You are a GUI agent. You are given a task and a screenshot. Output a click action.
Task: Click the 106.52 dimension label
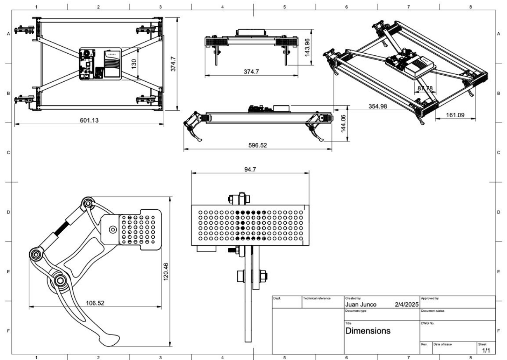(x=95, y=303)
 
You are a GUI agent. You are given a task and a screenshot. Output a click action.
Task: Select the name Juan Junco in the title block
(x=360, y=305)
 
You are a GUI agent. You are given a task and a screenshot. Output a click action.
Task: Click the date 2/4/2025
(x=406, y=305)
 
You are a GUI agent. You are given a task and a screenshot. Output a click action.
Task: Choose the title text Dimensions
(x=368, y=331)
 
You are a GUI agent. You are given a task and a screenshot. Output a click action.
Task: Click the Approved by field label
(x=429, y=298)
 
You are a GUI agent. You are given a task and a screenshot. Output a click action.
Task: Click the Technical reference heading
(x=317, y=298)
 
